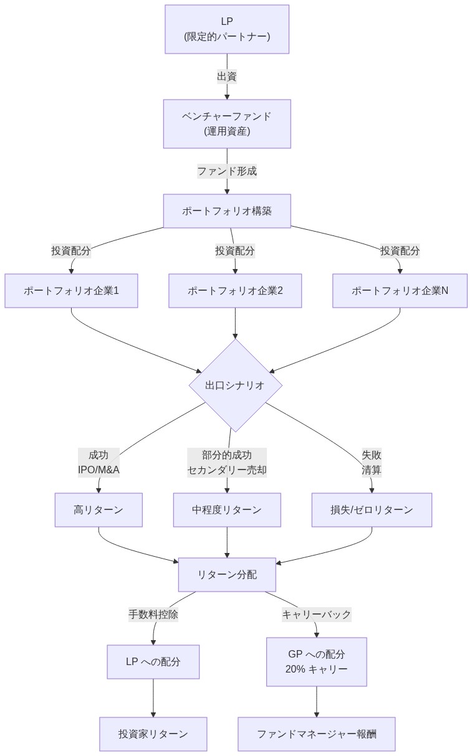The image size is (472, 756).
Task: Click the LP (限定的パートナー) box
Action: pyautogui.click(x=227, y=29)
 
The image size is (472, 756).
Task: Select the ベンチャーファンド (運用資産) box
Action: pyautogui.click(x=227, y=124)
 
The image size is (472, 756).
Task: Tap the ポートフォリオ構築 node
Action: pyautogui.click(x=227, y=211)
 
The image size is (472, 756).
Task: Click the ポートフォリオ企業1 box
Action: pyautogui.click(x=71, y=291)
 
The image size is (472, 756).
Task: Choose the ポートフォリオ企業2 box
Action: pyautogui.click(x=235, y=291)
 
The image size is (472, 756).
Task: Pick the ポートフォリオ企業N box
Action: pyautogui.click(x=400, y=291)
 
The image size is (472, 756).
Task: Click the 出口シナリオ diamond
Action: pyautogui.click(x=235, y=385)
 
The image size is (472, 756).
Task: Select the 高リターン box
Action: pyautogui.click(x=99, y=510)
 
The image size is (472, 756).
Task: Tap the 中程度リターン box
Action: pyautogui.click(x=227, y=510)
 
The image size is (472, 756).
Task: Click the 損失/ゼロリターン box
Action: pyautogui.click(x=372, y=510)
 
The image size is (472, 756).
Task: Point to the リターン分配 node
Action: pyautogui.click(x=227, y=575)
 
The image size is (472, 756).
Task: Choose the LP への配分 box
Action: pyautogui.click(x=153, y=662)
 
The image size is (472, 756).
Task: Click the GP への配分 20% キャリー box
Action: pyautogui.click(x=316, y=662)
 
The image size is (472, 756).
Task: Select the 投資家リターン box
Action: pyautogui.click(x=153, y=734)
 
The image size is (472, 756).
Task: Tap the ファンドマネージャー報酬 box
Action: pyautogui.click(x=316, y=734)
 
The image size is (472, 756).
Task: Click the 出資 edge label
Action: pyautogui.click(x=227, y=77)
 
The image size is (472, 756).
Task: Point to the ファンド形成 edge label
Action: pyautogui.click(x=227, y=171)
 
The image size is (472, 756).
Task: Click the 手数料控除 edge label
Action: pyautogui.click(x=153, y=615)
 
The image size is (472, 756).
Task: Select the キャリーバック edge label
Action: pyautogui.click(x=316, y=615)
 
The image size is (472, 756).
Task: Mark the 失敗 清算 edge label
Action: pyautogui.click(x=372, y=463)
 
